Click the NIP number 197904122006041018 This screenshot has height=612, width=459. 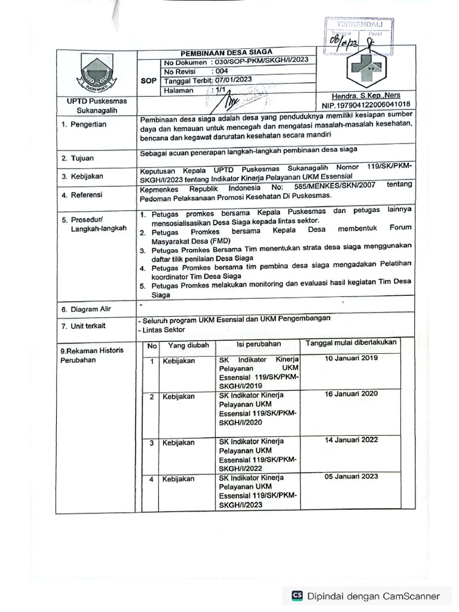point(370,105)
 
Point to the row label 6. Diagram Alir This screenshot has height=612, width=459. point(86,310)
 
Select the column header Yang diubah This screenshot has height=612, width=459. point(188,345)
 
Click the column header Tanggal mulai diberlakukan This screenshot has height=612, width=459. point(351,343)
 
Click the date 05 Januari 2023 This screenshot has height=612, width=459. point(351,476)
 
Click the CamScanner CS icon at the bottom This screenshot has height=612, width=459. point(297,596)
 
